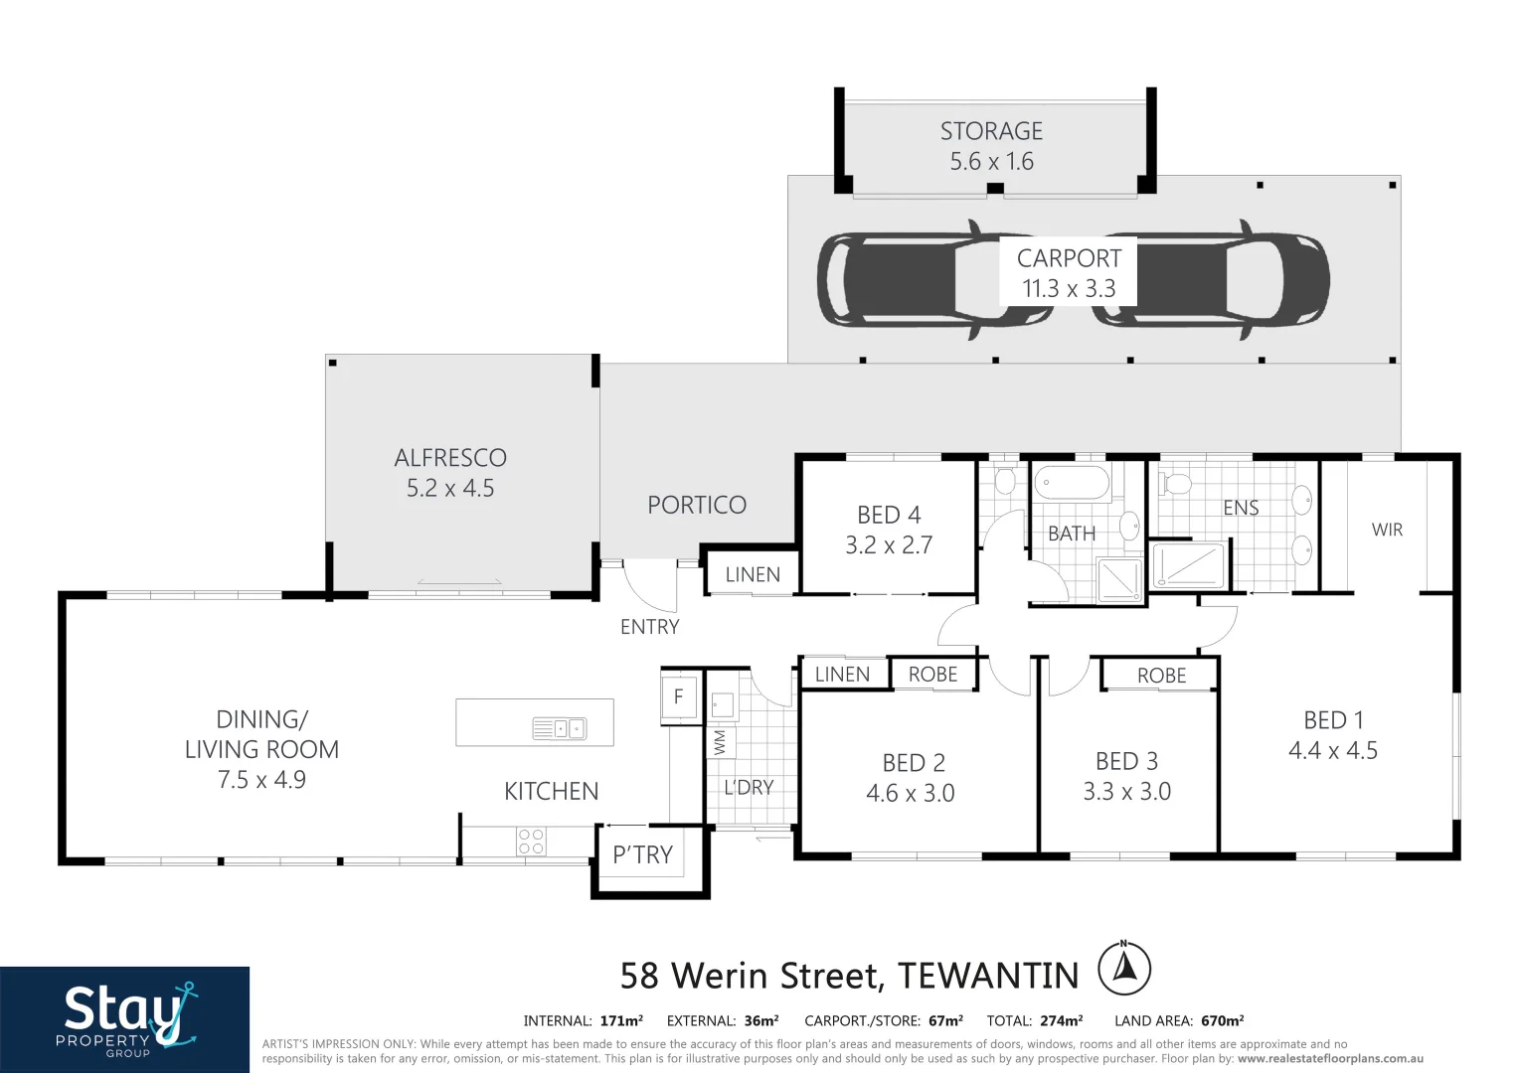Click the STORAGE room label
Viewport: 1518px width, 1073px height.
[x=991, y=132]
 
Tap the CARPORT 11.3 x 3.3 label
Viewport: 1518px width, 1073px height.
[x=1069, y=273]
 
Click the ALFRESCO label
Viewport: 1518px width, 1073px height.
[x=450, y=458]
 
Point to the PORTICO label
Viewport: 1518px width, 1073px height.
[x=696, y=505]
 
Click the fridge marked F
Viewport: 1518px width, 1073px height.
[x=679, y=696]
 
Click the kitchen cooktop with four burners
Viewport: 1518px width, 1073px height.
[x=531, y=842]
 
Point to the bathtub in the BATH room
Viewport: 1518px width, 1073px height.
[x=1072, y=484]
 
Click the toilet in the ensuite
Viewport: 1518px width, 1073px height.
[x=1177, y=485]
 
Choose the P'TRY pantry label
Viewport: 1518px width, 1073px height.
[x=642, y=854]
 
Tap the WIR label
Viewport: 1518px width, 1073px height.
[x=1387, y=530]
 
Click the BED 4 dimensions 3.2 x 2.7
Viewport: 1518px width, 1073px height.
[x=889, y=545]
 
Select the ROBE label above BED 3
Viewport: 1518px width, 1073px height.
[x=1161, y=676]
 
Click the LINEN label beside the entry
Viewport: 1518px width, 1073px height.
[x=753, y=574]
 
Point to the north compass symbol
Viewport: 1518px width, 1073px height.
[x=1124, y=968]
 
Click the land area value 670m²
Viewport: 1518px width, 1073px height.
[x=1222, y=1020]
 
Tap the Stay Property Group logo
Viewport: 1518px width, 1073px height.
[x=124, y=1018]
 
